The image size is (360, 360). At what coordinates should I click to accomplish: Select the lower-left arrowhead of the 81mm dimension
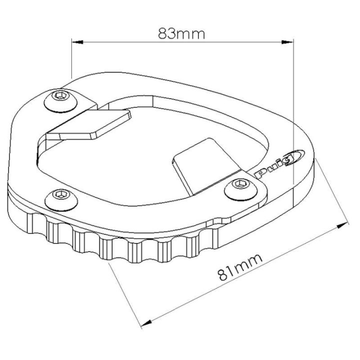(x=146, y=323)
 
